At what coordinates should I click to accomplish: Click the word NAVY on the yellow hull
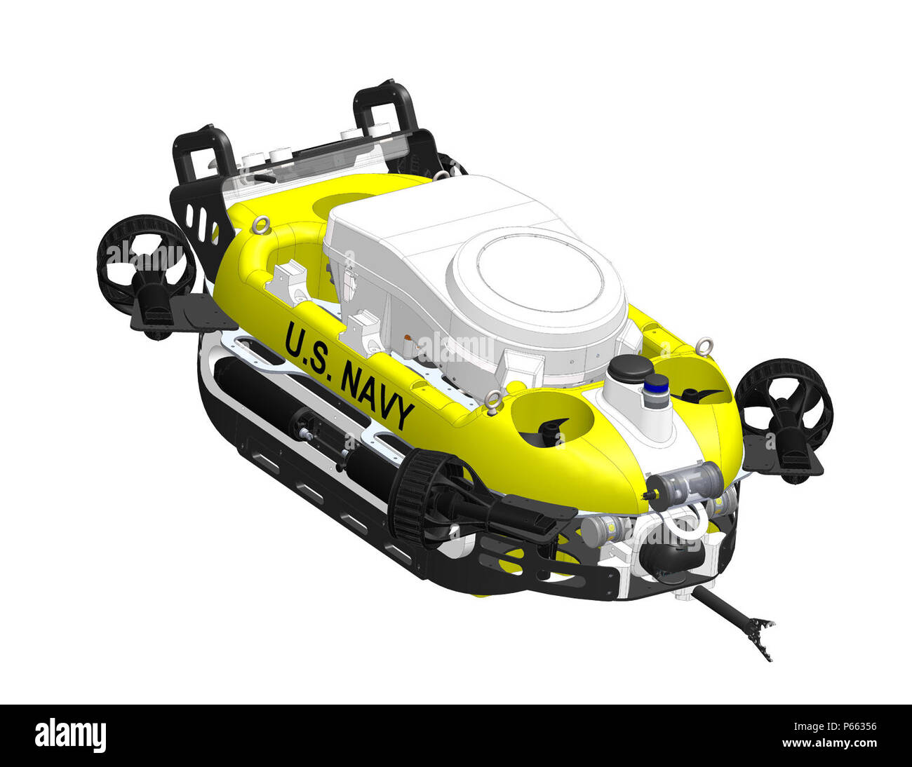pos(377,396)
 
